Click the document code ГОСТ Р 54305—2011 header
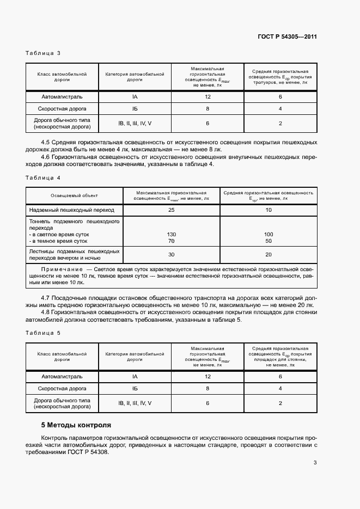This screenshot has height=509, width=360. point(287,37)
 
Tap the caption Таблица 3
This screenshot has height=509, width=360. point(43,53)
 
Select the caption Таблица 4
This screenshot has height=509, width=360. point(43,178)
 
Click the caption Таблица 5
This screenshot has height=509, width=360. point(43,332)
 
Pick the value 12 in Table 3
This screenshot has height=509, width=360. point(208,96)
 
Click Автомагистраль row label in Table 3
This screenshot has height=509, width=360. point(62,96)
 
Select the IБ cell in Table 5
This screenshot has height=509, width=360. point(135,389)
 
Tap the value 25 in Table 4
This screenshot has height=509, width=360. point(171,210)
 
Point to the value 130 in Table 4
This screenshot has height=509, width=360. point(171,234)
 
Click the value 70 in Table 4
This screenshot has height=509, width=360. point(171,241)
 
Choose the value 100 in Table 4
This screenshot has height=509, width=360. point(269,234)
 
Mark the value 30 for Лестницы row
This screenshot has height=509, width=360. point(171,255)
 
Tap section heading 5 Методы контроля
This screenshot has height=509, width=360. point(76,425)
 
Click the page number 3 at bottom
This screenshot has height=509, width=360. point(315,463)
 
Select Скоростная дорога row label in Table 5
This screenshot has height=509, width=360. point(62,389)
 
